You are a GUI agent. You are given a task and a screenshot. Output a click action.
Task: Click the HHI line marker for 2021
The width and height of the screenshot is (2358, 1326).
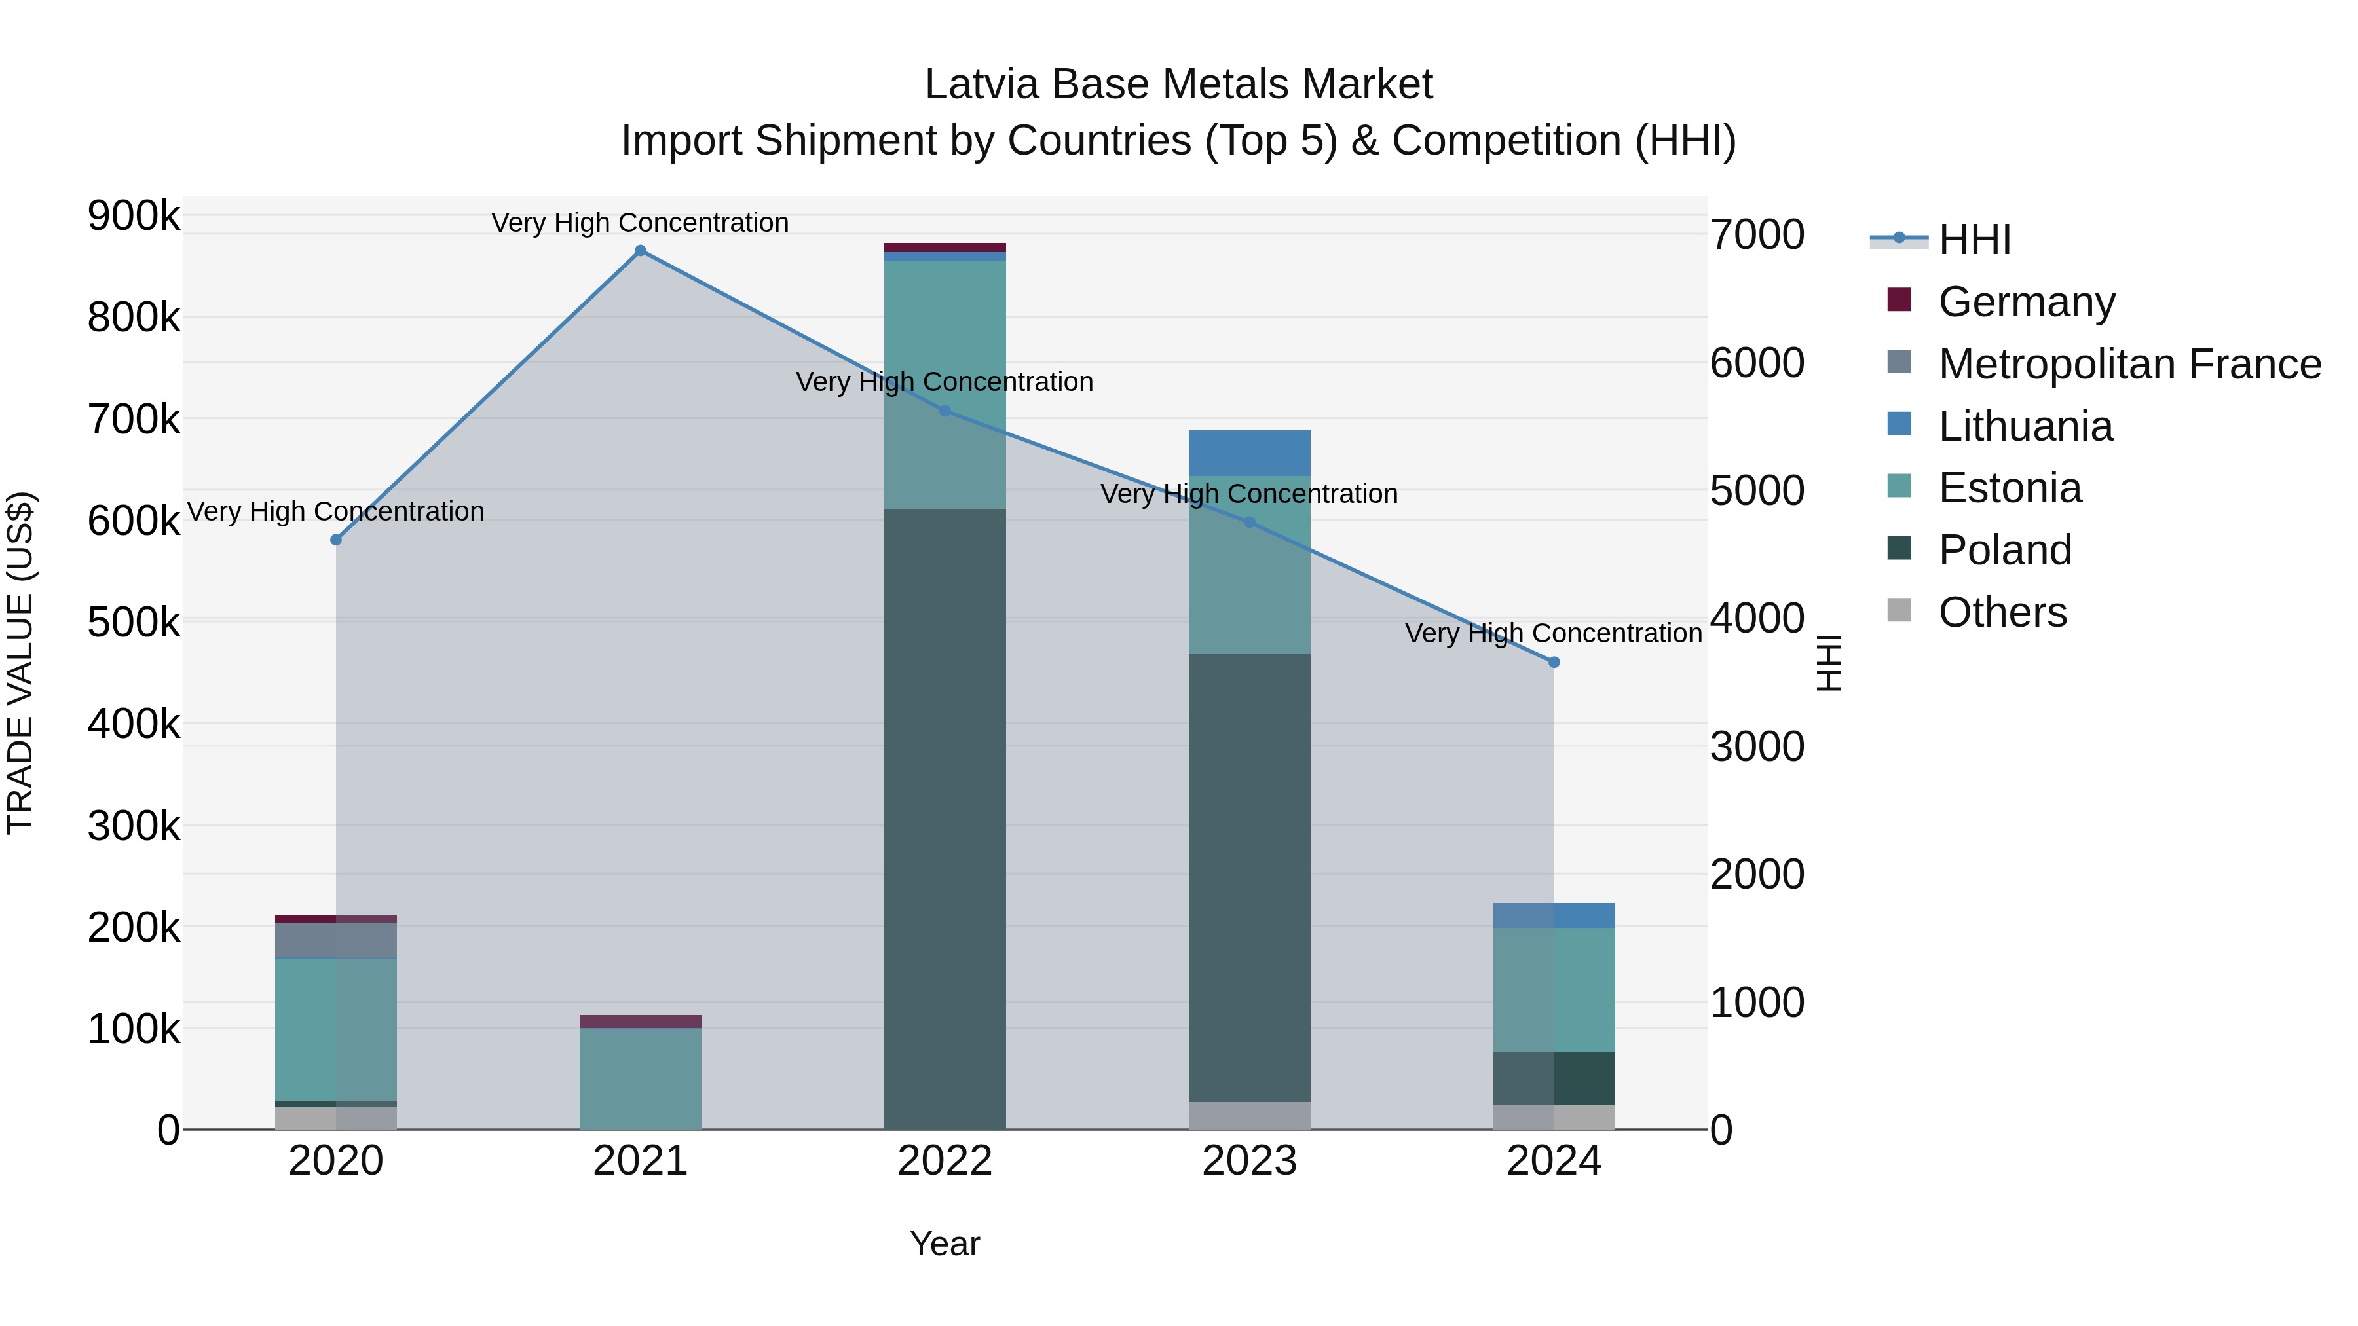tap(640, 251)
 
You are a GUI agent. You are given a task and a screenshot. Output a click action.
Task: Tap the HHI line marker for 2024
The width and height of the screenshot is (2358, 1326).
tap(1554, 661)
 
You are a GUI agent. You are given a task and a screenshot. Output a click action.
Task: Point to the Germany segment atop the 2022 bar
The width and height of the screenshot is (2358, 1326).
tap(945, 247)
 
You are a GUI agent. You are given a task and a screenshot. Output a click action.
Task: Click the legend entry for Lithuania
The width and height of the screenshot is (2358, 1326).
tap(2025, 426)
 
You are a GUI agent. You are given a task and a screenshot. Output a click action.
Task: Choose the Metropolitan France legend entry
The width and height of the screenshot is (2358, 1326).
tap(2129, 364)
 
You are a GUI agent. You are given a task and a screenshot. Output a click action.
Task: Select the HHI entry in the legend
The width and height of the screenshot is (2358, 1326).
tap(1974, 240)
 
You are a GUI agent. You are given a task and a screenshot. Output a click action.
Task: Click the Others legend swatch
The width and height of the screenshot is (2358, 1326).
tap(1899, 610)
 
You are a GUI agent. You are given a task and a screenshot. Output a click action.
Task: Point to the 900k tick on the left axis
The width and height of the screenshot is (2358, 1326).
tap(134, 217)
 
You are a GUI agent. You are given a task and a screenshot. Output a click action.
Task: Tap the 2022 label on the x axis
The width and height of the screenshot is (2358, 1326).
tap(945, 1161)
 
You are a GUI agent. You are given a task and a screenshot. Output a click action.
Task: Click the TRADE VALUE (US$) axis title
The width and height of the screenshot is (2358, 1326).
tap(21, 663)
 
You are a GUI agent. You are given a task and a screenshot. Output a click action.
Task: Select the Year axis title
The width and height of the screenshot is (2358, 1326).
tap(945, 1243)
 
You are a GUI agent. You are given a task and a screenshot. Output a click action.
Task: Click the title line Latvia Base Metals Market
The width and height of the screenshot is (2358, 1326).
tap(1178, 84)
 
